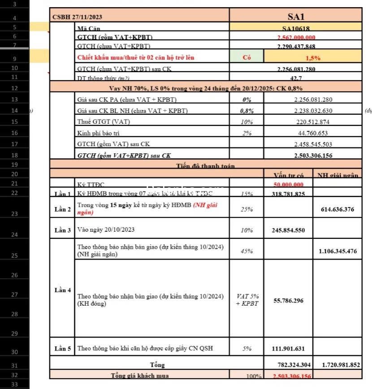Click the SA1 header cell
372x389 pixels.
click(296, 17)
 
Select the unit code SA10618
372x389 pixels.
click(296, 28)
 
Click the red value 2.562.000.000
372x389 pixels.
click(296, 38)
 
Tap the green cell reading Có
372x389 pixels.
click(247, 57)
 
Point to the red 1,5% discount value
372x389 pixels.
click(312, 57)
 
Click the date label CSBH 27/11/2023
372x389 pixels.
click(77, 17)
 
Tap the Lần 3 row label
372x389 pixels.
click(63, 230)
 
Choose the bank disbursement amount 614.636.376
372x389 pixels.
click(337, 209)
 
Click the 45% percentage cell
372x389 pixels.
click(247, 251)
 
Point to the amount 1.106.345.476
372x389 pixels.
click(337, 251)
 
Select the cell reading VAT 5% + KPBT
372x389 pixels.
click(247, 300)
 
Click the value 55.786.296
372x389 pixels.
click(288, 300)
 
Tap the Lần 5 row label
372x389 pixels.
click(63, 348)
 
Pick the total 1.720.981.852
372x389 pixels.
click(337, 365)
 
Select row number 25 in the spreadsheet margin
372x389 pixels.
click(14, 255)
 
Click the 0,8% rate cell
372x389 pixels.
click(247, 111)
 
